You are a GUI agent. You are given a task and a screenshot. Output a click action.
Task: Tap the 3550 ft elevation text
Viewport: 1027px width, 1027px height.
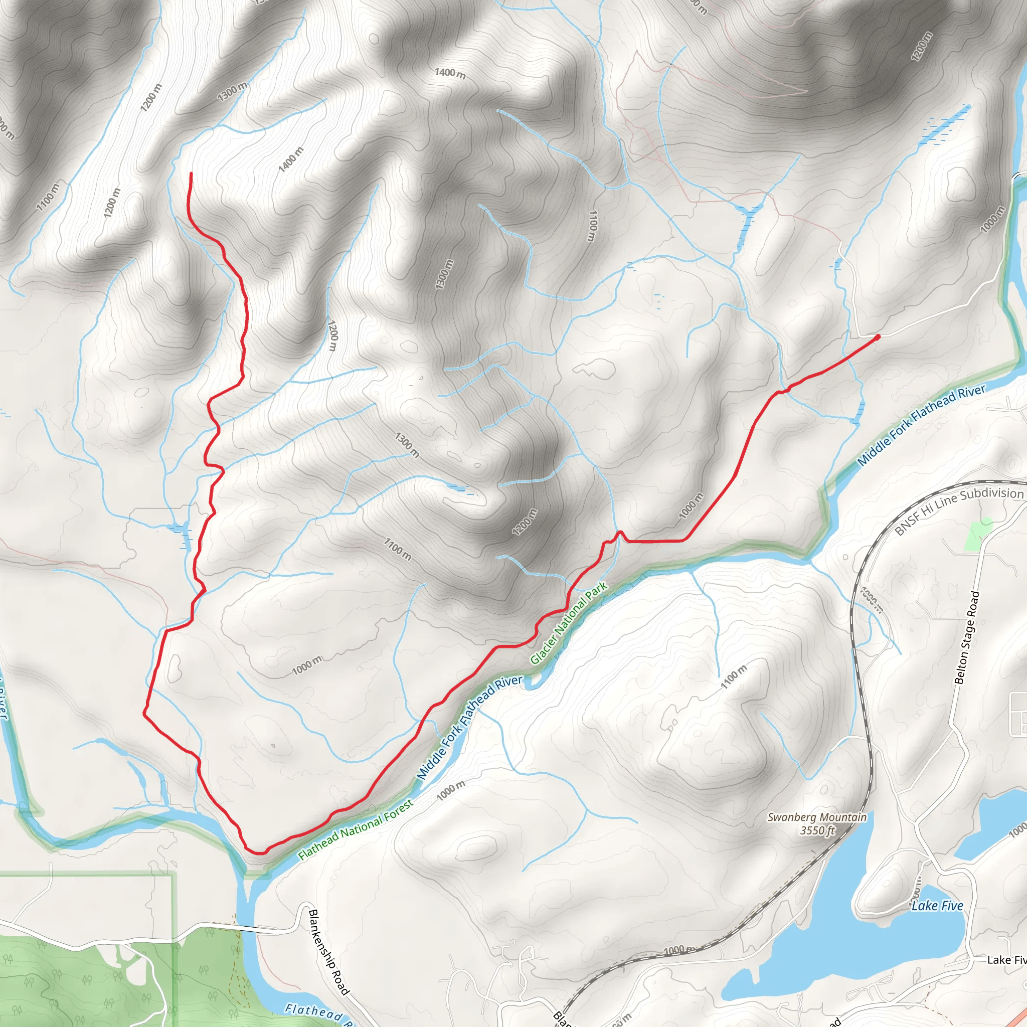[x=817, y=830]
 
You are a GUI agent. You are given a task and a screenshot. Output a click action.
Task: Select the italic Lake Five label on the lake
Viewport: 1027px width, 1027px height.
[x=937, y=906]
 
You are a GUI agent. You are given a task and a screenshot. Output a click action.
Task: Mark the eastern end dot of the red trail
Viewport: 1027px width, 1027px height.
[x=877, y=336]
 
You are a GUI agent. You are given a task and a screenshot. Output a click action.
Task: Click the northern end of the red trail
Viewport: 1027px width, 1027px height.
[x=191, y=174]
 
